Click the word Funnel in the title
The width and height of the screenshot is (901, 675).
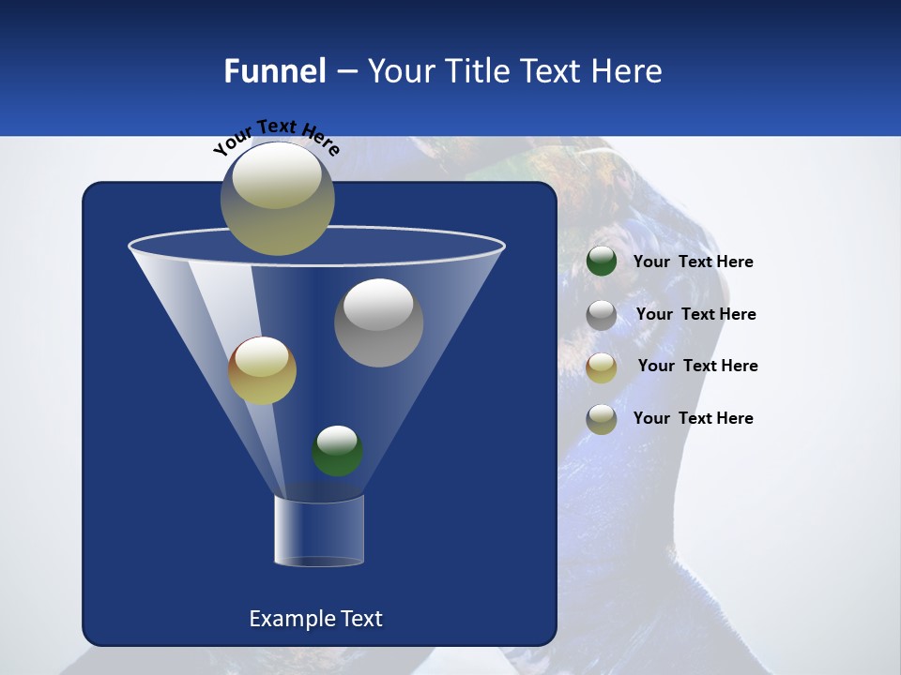tap(274, 71)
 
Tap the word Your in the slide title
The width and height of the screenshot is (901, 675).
tap(402, 71)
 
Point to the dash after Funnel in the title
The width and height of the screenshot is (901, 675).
tap(346, 72)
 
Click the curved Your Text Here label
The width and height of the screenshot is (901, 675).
tap(276, 136)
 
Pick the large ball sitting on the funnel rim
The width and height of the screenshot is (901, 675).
tap(277, 198)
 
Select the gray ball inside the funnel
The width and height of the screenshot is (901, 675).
tap(378, 322)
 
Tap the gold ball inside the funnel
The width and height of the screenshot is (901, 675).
tap(262, 370)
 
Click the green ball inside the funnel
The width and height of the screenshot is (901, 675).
tap(337, 451)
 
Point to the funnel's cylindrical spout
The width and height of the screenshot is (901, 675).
tap(318, 531)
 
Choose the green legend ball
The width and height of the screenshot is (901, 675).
tap(602, 262)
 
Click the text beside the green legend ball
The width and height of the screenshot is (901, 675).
tap(693, 262)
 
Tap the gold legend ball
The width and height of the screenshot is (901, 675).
tap(602, 367)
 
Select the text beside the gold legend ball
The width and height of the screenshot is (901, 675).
tap(697, 367)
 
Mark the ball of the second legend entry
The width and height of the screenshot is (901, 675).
tap(602, 315)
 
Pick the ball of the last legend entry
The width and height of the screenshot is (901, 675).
tap(602, 419)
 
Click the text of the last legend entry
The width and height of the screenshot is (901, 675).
tap(693, 418)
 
